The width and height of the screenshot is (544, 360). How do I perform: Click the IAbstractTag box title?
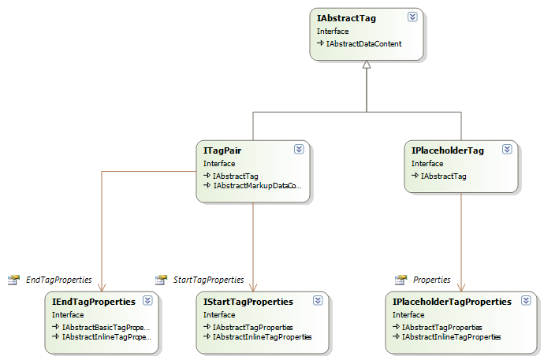[x=345, y=17]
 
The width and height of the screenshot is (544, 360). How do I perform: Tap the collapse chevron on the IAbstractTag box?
[x=412, y=16]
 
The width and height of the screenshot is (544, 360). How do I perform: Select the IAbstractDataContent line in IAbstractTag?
[x=363, y=44]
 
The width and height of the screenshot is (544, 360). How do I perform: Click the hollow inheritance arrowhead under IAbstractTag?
[x=366, y=66]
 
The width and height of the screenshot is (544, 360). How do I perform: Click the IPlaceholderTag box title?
[x=447, y=150]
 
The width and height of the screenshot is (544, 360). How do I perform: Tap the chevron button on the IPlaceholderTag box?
[x=507, y=149]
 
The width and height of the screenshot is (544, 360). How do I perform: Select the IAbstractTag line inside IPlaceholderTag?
[x=443, y=176]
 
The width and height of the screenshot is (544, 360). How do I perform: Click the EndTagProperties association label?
[x=59, y=280]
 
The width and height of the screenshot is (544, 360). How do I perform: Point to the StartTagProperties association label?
[x=208, y=280]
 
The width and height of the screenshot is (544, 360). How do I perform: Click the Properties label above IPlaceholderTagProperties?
[x=432, y=280]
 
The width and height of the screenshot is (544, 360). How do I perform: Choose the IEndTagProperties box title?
[x=94, y=302]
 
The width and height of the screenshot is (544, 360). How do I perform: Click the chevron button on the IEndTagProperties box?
[x=147, y=300]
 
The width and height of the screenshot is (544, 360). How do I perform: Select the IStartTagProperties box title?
[x=248, y=302]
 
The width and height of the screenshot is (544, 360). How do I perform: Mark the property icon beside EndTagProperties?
[x=13, y=280]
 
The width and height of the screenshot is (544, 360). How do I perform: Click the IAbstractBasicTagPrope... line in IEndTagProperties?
[x=106, y=327]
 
